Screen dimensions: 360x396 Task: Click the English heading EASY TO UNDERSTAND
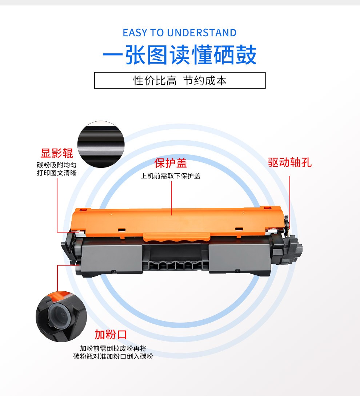(180, 33)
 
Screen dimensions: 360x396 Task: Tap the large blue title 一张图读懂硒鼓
(180, 55)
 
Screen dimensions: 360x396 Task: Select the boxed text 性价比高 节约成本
(180, 81)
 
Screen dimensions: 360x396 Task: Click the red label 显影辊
(57, 153)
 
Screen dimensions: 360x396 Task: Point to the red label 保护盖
(171, 163)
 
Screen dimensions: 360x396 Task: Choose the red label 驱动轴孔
(290, 162)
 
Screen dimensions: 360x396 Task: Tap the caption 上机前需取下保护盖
(171, 176)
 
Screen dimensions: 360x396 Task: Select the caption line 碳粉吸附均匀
(57, 165)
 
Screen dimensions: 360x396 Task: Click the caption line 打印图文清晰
(57, 173)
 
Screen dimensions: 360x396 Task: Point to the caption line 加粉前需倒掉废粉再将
(113, 348)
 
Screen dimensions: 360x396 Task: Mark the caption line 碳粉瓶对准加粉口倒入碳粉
(113, 356)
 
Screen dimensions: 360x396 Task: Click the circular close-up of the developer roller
(101, 144)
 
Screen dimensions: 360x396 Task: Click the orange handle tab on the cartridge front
(177, 237)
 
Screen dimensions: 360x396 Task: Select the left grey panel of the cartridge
(112, 258)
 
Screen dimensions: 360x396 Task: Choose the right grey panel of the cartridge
(239, 258)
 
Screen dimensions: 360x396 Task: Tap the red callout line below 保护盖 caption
(171, 198)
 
